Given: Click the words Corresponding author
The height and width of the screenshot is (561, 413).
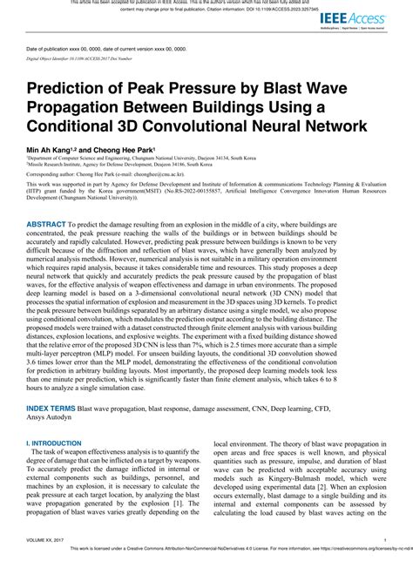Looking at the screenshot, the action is click(52, 174).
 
